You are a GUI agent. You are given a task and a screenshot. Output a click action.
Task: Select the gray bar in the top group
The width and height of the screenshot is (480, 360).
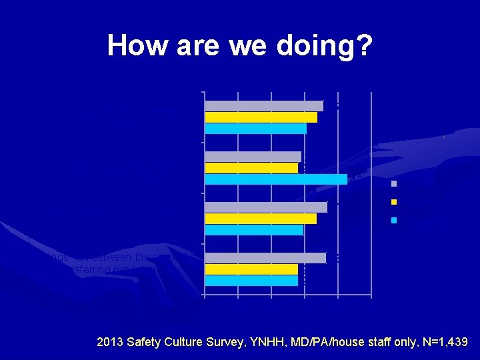point(264,105)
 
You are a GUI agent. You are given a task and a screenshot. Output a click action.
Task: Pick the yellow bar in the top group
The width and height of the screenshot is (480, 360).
point(261,117)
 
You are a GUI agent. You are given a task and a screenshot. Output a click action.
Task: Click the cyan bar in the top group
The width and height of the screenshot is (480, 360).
point(255,129)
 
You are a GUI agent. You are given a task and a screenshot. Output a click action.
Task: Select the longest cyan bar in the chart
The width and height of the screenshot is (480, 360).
point(276,179)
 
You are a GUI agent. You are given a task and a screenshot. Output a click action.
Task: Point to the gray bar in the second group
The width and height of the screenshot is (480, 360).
point(253,157)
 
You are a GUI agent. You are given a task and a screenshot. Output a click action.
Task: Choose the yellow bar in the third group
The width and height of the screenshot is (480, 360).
point(261,219)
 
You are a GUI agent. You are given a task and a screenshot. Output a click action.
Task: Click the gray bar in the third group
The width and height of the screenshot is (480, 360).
point(266,207)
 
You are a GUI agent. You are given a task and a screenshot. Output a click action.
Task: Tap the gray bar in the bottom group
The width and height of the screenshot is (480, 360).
point(265,258)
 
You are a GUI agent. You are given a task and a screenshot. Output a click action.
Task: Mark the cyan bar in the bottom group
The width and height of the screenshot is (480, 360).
point(251,281)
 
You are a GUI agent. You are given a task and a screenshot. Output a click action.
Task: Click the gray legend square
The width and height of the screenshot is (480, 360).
point(395,183)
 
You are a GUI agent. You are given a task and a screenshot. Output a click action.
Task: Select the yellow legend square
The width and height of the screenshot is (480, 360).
point(395,202)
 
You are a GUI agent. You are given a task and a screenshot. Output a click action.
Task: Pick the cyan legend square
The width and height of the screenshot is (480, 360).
point(395,220)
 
